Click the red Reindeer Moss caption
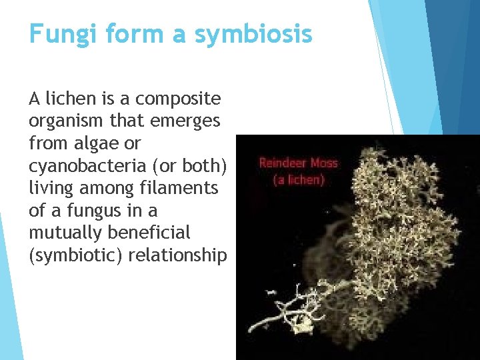click(298, 163)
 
